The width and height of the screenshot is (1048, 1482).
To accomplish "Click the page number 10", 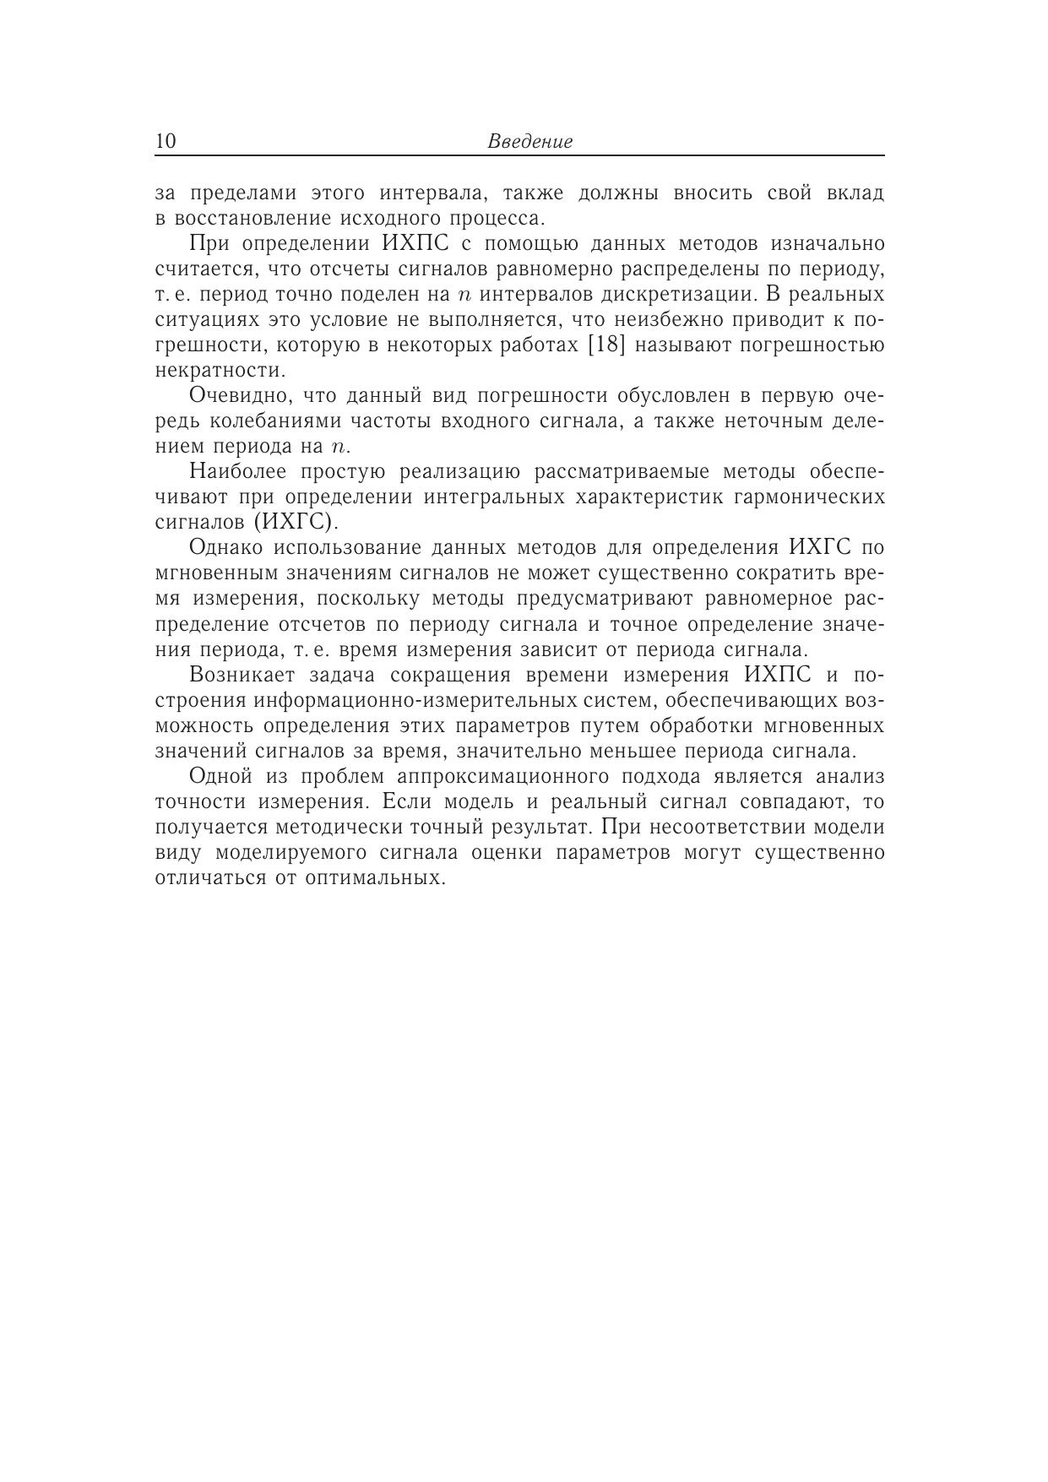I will coord(166,141).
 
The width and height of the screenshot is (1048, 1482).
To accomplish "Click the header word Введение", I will coord(529,142).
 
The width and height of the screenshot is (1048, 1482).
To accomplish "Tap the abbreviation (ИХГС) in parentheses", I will coord(295,522).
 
